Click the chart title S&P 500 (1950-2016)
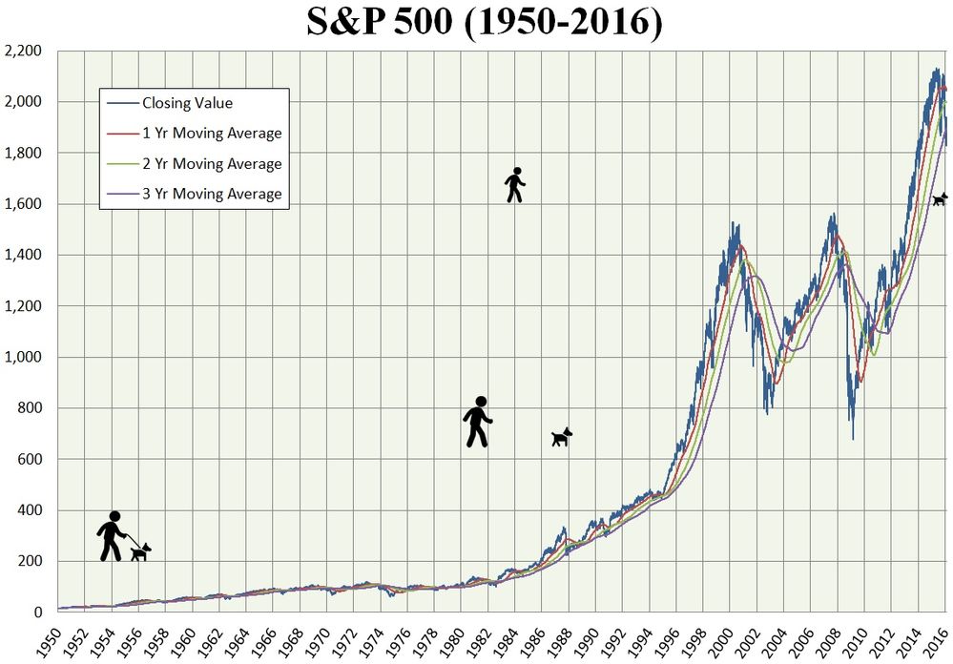[x=484, y=23]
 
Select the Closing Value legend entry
[x=187, y=103]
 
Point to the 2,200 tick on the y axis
[x=26, y=51]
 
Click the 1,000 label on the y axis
[x=26, y=357]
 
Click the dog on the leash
[x=141, y=551]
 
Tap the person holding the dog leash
[x=113, y=536]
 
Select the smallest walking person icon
[x=515, y=185]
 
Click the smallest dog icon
[x=940, y=198]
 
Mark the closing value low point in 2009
[x=853, y=438]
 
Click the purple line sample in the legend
[x=121, y=194]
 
